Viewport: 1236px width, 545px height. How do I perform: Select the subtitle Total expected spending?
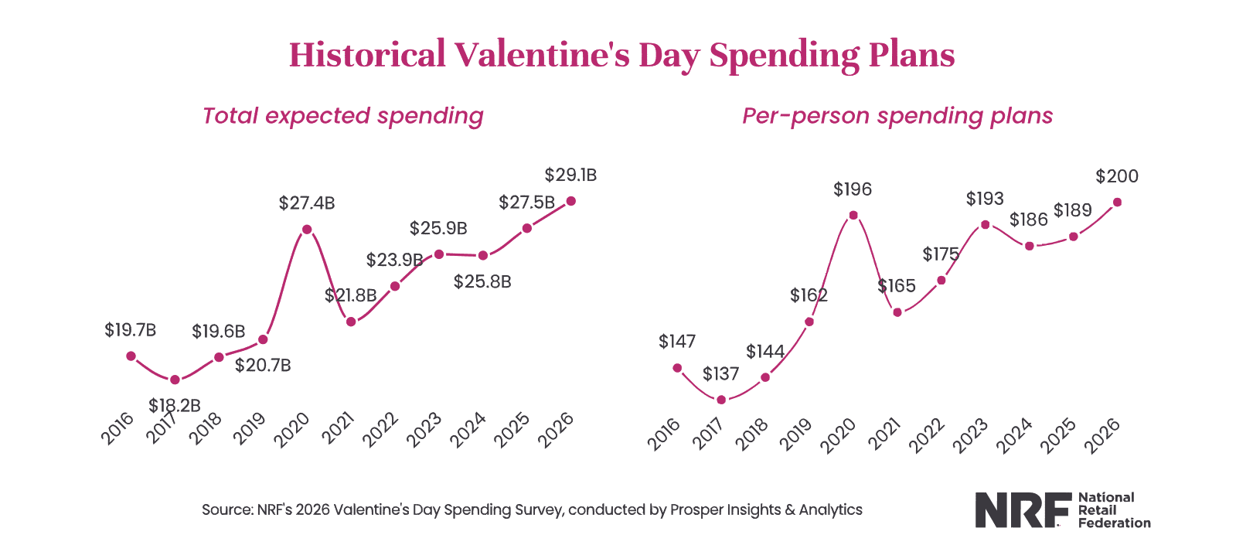(x=342, y=116)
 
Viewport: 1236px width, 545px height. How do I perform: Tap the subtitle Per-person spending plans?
(x=897, y=116)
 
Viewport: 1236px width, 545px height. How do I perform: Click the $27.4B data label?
(x=307, y=203)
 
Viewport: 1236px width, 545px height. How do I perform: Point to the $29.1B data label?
(x=570, y=175)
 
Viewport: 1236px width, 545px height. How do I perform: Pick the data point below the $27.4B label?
(x=307, y=230)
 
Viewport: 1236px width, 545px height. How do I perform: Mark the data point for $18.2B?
(x=175, y=380)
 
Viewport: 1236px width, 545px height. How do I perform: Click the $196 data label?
(x=853, y=189)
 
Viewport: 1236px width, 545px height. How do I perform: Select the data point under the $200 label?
(x=1117, y=203)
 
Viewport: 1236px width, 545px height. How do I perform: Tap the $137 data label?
(x=721, y=374)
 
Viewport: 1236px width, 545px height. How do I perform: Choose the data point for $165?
(x=897, y=312)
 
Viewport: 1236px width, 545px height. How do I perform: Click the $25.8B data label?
(x=482, y=282)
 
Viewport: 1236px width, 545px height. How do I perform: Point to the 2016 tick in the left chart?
(x=117, y=428)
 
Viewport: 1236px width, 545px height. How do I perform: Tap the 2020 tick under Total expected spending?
(x=292, y=429)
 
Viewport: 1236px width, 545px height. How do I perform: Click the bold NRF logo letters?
(x=1016, y=510)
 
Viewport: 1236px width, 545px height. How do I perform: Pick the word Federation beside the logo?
(x=1114, y=523)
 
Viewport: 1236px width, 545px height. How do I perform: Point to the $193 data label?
(x=985, y=199)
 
